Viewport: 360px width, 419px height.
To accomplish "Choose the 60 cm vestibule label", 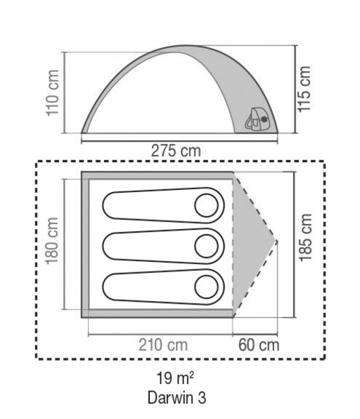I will [x=258, y=344].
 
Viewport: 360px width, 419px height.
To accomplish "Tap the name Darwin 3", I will [x=176, y=399].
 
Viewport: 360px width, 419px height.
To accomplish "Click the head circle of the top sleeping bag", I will [x=207, y=205].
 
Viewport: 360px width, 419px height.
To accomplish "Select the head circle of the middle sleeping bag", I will [x=207, y=245].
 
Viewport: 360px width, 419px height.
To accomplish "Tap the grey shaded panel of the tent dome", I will [x=223, y=91].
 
